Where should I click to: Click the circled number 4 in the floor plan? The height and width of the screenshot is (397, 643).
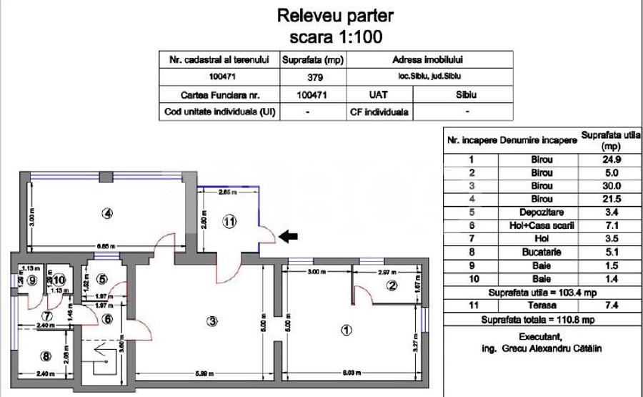click(107, 212)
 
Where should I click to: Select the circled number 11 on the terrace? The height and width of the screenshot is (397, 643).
click(228, 222)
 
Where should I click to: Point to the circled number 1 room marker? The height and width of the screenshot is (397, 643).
click(346, 330)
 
